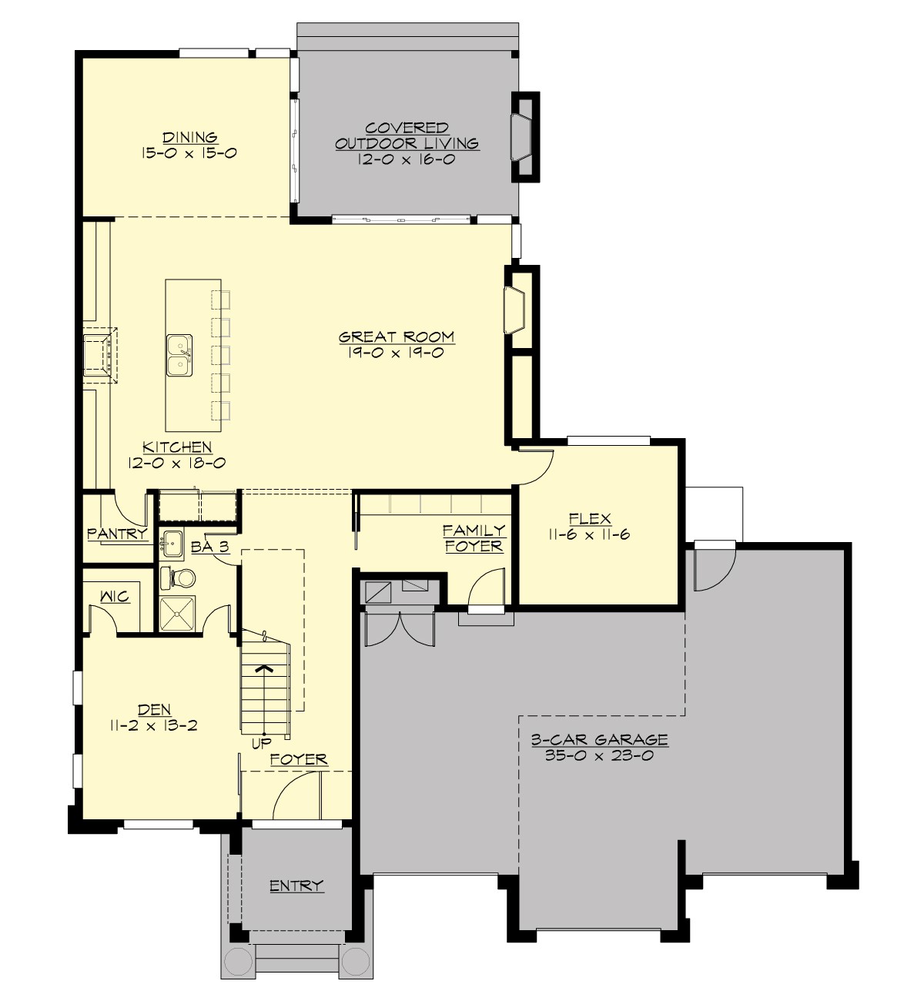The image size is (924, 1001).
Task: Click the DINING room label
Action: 189,138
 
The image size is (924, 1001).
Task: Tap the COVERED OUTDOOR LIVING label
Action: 407,136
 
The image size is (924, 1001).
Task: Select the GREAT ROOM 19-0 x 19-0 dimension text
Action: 397,353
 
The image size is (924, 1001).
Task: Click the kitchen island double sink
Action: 179,356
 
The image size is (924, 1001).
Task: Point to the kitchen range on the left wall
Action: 100,355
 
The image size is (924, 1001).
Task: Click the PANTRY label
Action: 117,534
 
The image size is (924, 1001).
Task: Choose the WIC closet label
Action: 115,597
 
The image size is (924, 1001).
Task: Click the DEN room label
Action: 154,710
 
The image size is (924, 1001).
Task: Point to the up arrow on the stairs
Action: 265,668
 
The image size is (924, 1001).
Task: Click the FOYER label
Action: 299,760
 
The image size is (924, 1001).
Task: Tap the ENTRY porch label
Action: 296,886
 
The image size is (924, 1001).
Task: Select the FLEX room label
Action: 590,519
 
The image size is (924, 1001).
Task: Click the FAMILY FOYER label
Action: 474,538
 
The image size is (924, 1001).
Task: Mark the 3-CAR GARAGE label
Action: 599,740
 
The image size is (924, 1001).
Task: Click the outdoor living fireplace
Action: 521,137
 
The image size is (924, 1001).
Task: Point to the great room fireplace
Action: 514,311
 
